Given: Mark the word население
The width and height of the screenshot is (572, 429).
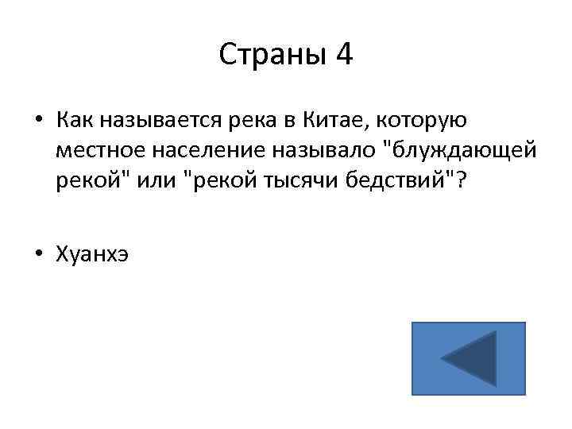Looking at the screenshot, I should tap(195, 150).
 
